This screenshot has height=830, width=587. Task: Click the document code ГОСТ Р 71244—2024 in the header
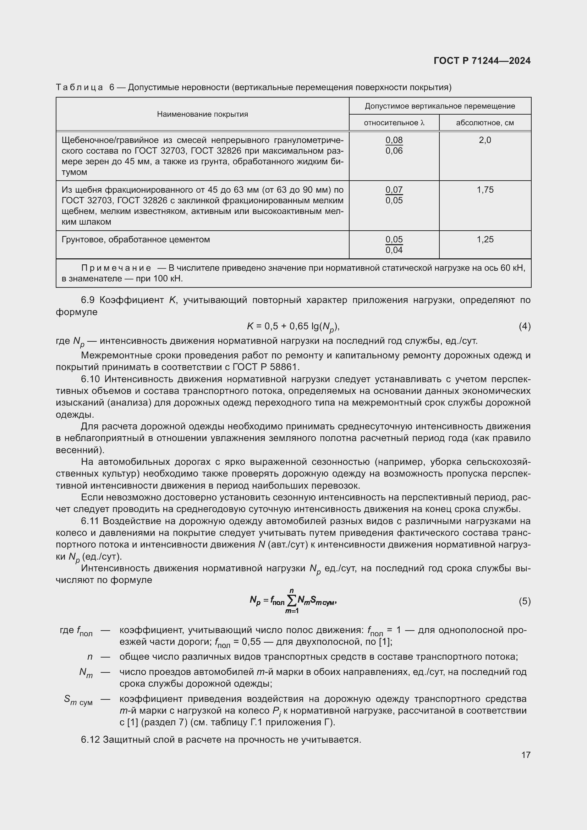point(482,61)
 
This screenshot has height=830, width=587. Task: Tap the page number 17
point(526,755)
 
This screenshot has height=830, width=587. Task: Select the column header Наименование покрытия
point(202,114)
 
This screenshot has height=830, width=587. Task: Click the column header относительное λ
point(394,123)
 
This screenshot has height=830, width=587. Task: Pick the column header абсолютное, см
point(485,123)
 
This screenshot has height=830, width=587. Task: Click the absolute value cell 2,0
point(485,140)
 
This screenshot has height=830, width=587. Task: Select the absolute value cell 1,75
point(485,190)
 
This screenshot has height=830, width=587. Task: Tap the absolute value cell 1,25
point(485,239)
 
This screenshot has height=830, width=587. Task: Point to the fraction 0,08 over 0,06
point(394,145)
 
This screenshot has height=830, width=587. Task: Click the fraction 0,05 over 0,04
point(394,245)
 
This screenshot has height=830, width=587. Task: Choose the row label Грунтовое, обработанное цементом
point(136,240)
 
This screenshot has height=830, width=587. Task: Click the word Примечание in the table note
point(116,268)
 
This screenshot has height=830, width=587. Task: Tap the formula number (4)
point(525,326)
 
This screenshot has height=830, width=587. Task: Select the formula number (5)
point(525,601)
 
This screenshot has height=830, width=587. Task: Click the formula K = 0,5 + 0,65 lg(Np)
point(293,327)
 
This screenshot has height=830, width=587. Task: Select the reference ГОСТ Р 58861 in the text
point(266,367)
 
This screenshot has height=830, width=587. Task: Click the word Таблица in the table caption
point(79,88)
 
